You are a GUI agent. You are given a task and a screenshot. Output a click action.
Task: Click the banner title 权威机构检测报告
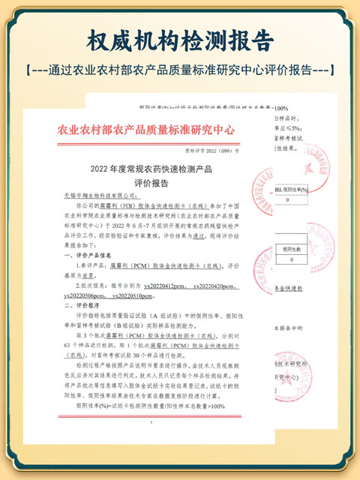click(x=180, y=39)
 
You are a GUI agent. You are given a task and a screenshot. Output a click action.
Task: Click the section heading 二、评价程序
click(x=79, y=306)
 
